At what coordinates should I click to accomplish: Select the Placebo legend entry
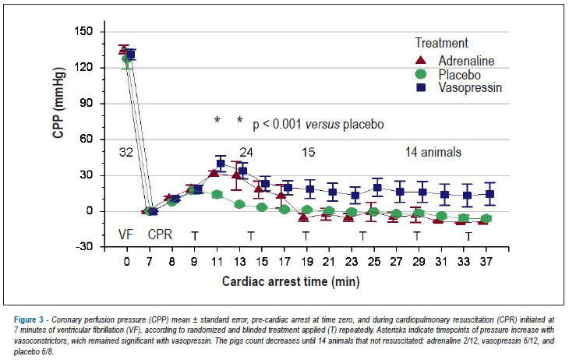tap(448, 75)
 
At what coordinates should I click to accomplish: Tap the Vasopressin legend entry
tap(458, 87)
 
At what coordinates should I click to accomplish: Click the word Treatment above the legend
tap(442, 43)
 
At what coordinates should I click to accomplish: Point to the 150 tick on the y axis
tap(83, 32)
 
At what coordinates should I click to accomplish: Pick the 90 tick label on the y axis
tap(87, 104)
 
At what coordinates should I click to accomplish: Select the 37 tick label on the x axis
tap(486, 261)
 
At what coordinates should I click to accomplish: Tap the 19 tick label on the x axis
tap(306, 261)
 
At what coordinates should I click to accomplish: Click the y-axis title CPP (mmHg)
tap(58, 103)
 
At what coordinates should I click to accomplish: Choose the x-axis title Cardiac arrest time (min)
tap(291, 281)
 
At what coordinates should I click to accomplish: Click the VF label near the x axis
tap(125, 235)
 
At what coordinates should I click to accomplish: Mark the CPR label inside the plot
tap(160, 235)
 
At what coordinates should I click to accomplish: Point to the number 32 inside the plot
tap(126, 152)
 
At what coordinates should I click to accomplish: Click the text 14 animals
tap(433, 152)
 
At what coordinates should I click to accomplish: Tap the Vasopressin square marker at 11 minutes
tap(221, 164)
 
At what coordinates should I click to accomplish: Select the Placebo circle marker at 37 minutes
tap(486, 219)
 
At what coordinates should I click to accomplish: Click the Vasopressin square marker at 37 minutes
tap(490, 194)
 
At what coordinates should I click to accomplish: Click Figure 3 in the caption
tap(29, 320)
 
